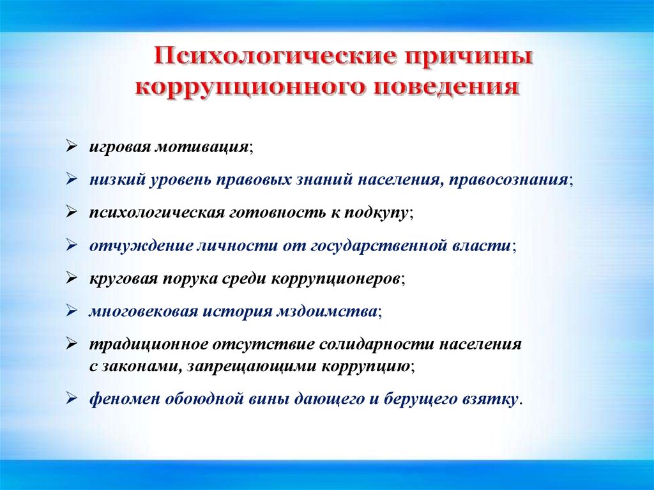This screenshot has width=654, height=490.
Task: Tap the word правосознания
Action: point(509,180)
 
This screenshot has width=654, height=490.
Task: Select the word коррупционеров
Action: point(336,279)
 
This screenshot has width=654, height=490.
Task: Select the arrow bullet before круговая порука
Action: point(72,278)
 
